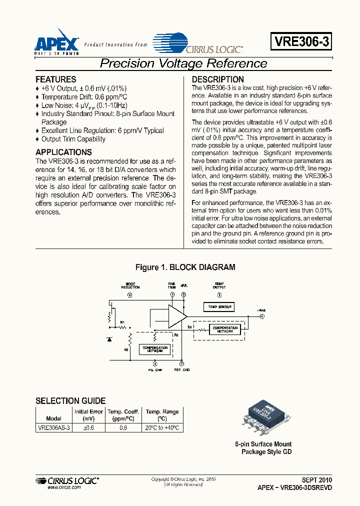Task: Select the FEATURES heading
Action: click(56, 79)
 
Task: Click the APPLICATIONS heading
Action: click(63, 152)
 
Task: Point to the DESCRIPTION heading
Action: click(218, 79)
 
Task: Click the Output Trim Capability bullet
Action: click(73, 139)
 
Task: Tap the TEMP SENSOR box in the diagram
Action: click(218, 306)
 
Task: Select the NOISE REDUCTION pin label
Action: click(130, 286)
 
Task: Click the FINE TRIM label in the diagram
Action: click(171, 286)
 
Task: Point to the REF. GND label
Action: click(181, 370)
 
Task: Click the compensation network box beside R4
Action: click(225, 329)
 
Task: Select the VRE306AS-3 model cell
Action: click(54, 428)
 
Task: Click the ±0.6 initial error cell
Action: click(88, 428)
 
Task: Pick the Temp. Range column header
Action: click(162, 415)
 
